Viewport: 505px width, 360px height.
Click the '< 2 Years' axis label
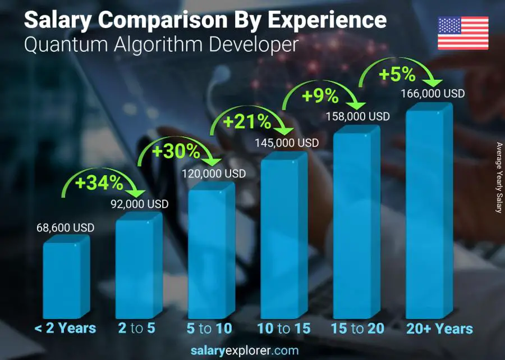[65, 329]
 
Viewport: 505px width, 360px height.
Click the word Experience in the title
[327, 20]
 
